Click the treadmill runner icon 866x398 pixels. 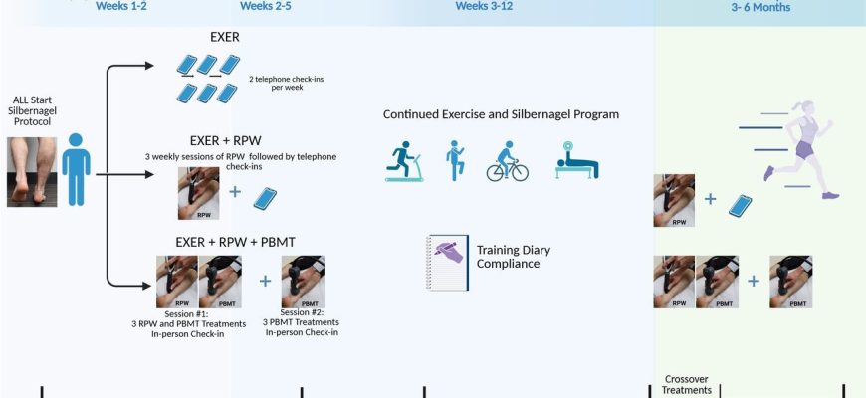pos(404,161)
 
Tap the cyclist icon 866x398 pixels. pos(507,161)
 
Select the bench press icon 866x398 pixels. pos(577,160)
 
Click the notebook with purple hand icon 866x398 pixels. pos(447,263)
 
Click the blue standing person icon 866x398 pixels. pos(76,169)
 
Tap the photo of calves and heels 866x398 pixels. pos(32,172)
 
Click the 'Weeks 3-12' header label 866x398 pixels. pos(484,6)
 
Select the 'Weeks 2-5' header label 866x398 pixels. pos(265,6)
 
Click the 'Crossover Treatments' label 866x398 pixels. pos(687,385)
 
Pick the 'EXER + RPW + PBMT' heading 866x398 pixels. pos(235,243)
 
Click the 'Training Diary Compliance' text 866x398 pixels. pos(514,257)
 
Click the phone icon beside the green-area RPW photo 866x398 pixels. pos(740,205)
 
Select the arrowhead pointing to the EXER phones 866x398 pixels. pos(149,66)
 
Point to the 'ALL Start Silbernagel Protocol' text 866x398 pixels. pos(33,111)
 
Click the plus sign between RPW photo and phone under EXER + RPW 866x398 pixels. pos(235,192)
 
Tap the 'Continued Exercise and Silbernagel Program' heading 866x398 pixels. pos(501,114)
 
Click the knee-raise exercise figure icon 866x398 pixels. pos(455,160)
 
